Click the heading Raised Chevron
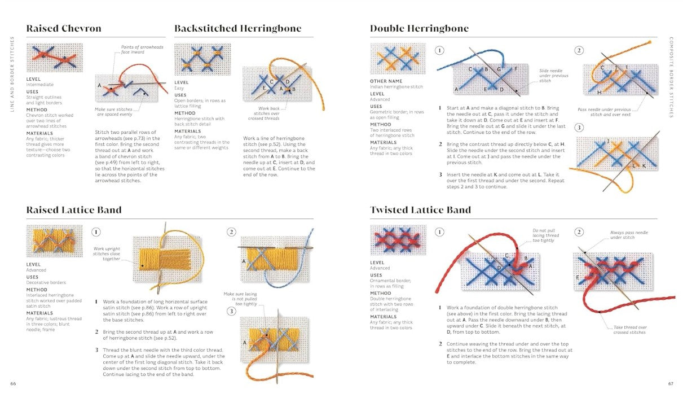click(64, 29)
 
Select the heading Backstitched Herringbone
click(237, 29)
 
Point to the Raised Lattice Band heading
click(74, 210)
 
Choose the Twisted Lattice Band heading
click(420, 210)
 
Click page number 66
click(13, 384)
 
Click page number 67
click(671, 384)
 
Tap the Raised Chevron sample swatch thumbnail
click(54, 58)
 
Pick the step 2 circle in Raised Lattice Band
click(231, 232)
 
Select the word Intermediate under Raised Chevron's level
click(41, 85)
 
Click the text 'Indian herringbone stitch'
click(396, 87)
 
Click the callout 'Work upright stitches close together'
click(107, 253)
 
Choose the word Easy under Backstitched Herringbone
click(179, 88)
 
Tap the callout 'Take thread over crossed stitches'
click(630, 330)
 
